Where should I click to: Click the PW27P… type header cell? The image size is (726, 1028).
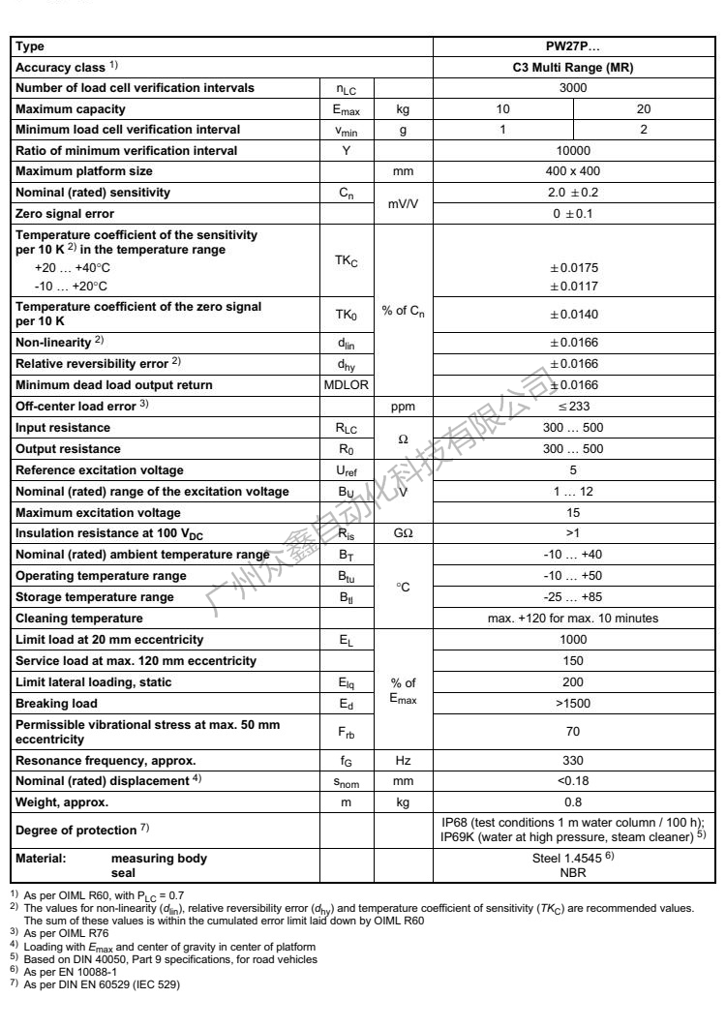click(x=573, y=45)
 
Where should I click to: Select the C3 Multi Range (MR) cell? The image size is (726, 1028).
click(x=573, y=67)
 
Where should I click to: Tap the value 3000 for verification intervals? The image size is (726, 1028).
click(x=573, y=88)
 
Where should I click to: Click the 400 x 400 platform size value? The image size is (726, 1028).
click(x=573, y=171)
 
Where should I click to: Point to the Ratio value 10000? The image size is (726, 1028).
click(x=573, y=150)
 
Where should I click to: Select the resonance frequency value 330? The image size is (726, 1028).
click(x=573, y=762)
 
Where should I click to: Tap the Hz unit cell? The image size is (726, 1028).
click(x=403, y=762)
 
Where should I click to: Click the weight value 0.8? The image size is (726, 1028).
click(x=573, y=802)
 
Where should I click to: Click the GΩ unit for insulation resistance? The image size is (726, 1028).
click(x=403, y=532)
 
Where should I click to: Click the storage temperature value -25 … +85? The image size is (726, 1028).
click(x=573, y=597)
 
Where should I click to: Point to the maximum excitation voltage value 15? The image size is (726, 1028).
click(x=573, y=512)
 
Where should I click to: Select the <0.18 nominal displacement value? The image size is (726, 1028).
click(x=573, y=782)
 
